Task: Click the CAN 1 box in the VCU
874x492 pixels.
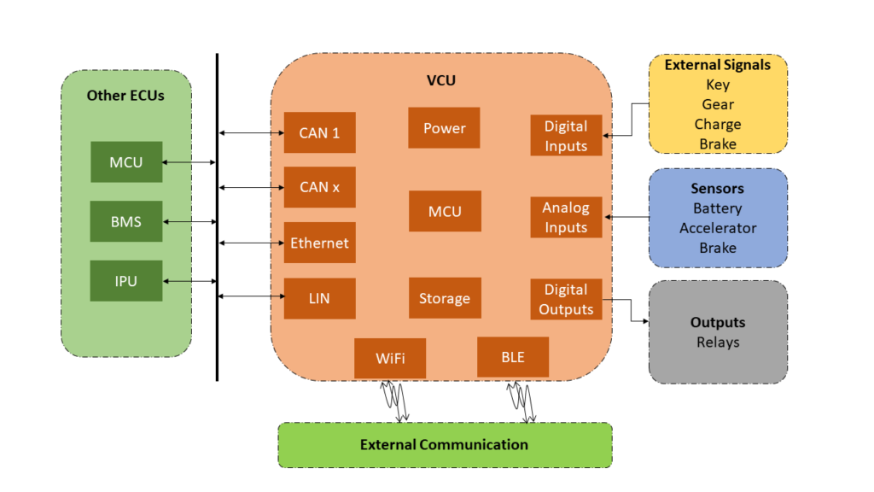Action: pos(319,132)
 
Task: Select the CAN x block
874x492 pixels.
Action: pos(319,187)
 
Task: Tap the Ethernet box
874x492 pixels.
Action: pos(319,243)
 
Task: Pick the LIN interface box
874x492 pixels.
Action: pos(319,298)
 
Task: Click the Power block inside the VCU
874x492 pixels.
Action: pos(444,128)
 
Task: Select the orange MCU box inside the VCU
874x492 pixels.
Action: pos(444,211)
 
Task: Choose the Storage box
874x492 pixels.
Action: pos(444,298)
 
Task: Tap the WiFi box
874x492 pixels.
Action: pos(389,358)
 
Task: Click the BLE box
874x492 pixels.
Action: pos(513,358)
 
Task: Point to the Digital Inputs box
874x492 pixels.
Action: pos(566,136)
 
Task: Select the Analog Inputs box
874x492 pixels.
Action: pos(566,217)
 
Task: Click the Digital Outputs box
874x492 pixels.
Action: pos(566,299)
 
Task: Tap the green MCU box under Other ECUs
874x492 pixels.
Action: pos(126,162)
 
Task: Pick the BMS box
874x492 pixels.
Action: pos(126,221)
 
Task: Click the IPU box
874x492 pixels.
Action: pos(126,281)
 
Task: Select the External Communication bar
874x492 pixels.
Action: pos(445,445)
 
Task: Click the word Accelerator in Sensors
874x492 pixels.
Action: pos(718,228)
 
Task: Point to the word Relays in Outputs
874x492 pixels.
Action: pos(718,343)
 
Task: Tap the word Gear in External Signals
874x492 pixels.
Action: pos(718,104)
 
